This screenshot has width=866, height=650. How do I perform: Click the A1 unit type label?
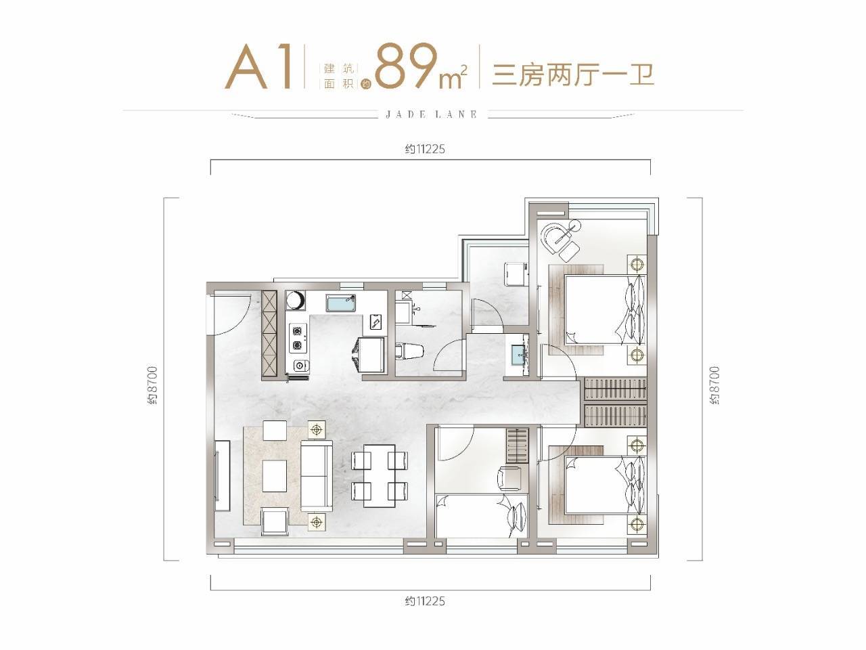point(258,66)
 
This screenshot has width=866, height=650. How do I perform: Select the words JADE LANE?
point(431,114)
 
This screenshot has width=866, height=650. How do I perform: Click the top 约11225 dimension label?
point(425,149)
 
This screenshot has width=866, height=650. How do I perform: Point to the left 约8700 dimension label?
point(153,385)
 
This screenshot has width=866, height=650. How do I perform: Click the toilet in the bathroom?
point(409,351)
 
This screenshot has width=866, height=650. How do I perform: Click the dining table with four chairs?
point(379,475)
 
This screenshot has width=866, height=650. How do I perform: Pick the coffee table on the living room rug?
point(275,475)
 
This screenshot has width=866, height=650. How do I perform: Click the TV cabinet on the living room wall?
point(223,476)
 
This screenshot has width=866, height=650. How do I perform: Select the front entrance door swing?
point(229,313)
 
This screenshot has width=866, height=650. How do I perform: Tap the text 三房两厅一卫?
point(573,74)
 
